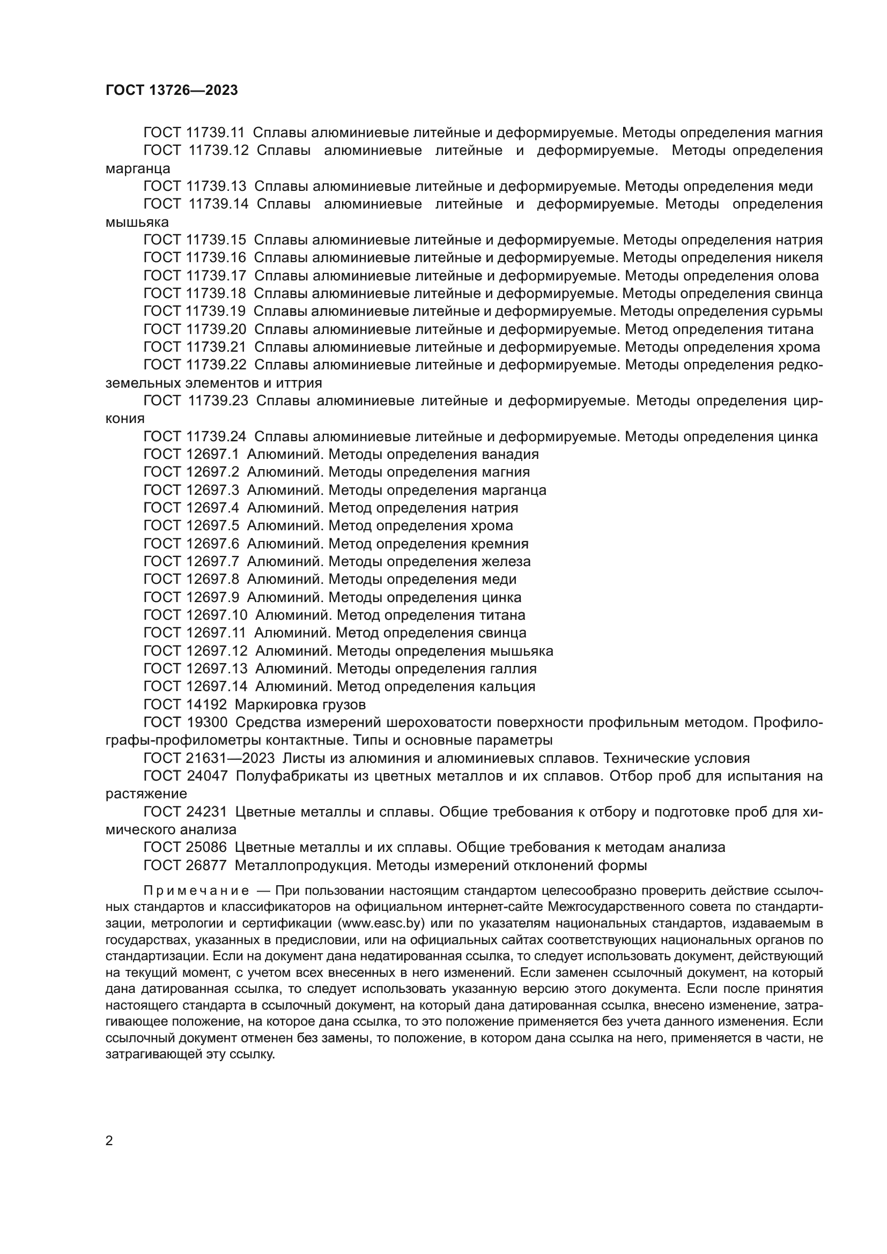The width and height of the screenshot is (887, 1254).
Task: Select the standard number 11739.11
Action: point(216,133)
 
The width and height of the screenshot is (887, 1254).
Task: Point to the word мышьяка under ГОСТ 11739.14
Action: point(137,222)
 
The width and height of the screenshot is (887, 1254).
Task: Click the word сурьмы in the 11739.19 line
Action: point(799,312)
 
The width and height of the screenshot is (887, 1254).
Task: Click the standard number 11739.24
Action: point(216,436)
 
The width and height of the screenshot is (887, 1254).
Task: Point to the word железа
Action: point(506,561)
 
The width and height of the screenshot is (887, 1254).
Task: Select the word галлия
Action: point(513,669)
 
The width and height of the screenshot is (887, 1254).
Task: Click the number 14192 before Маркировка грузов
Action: point(206,704)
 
